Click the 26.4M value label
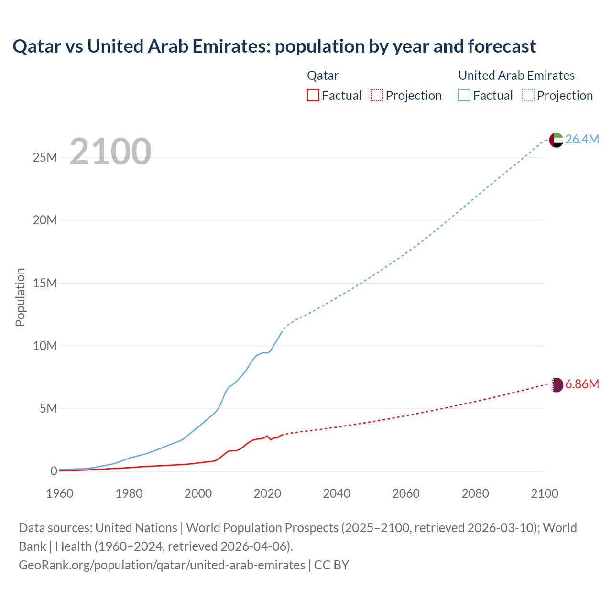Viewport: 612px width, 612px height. pos(582,139)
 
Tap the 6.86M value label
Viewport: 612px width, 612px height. pos(582,384)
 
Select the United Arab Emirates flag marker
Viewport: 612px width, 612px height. pos(556,140)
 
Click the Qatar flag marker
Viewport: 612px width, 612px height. pos(556,385)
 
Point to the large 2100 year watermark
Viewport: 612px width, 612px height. pos(110,152)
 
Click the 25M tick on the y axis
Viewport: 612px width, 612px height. pos(45,157)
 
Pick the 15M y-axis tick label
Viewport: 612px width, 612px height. pos(45,283)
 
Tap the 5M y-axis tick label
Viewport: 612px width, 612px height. pos(48,408)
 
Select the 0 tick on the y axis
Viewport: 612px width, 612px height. pos(54,471)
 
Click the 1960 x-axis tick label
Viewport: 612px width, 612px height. pos(60,493)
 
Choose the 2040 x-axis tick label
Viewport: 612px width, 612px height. pos(337,493)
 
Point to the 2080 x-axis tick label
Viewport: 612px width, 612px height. pos(475,493)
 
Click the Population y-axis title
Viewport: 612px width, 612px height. pos(20,297)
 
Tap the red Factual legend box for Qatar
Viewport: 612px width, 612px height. pos(313,95)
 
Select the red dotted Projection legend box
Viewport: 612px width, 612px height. pos(377,95)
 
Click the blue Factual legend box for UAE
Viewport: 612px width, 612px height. pos(464,95)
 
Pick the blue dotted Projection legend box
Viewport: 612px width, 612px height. pos(528,95)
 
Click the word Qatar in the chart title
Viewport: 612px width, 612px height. pos(37,46)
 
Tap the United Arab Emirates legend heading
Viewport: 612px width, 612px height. pos(516,76)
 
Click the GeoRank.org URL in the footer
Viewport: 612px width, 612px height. pos(162,565)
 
